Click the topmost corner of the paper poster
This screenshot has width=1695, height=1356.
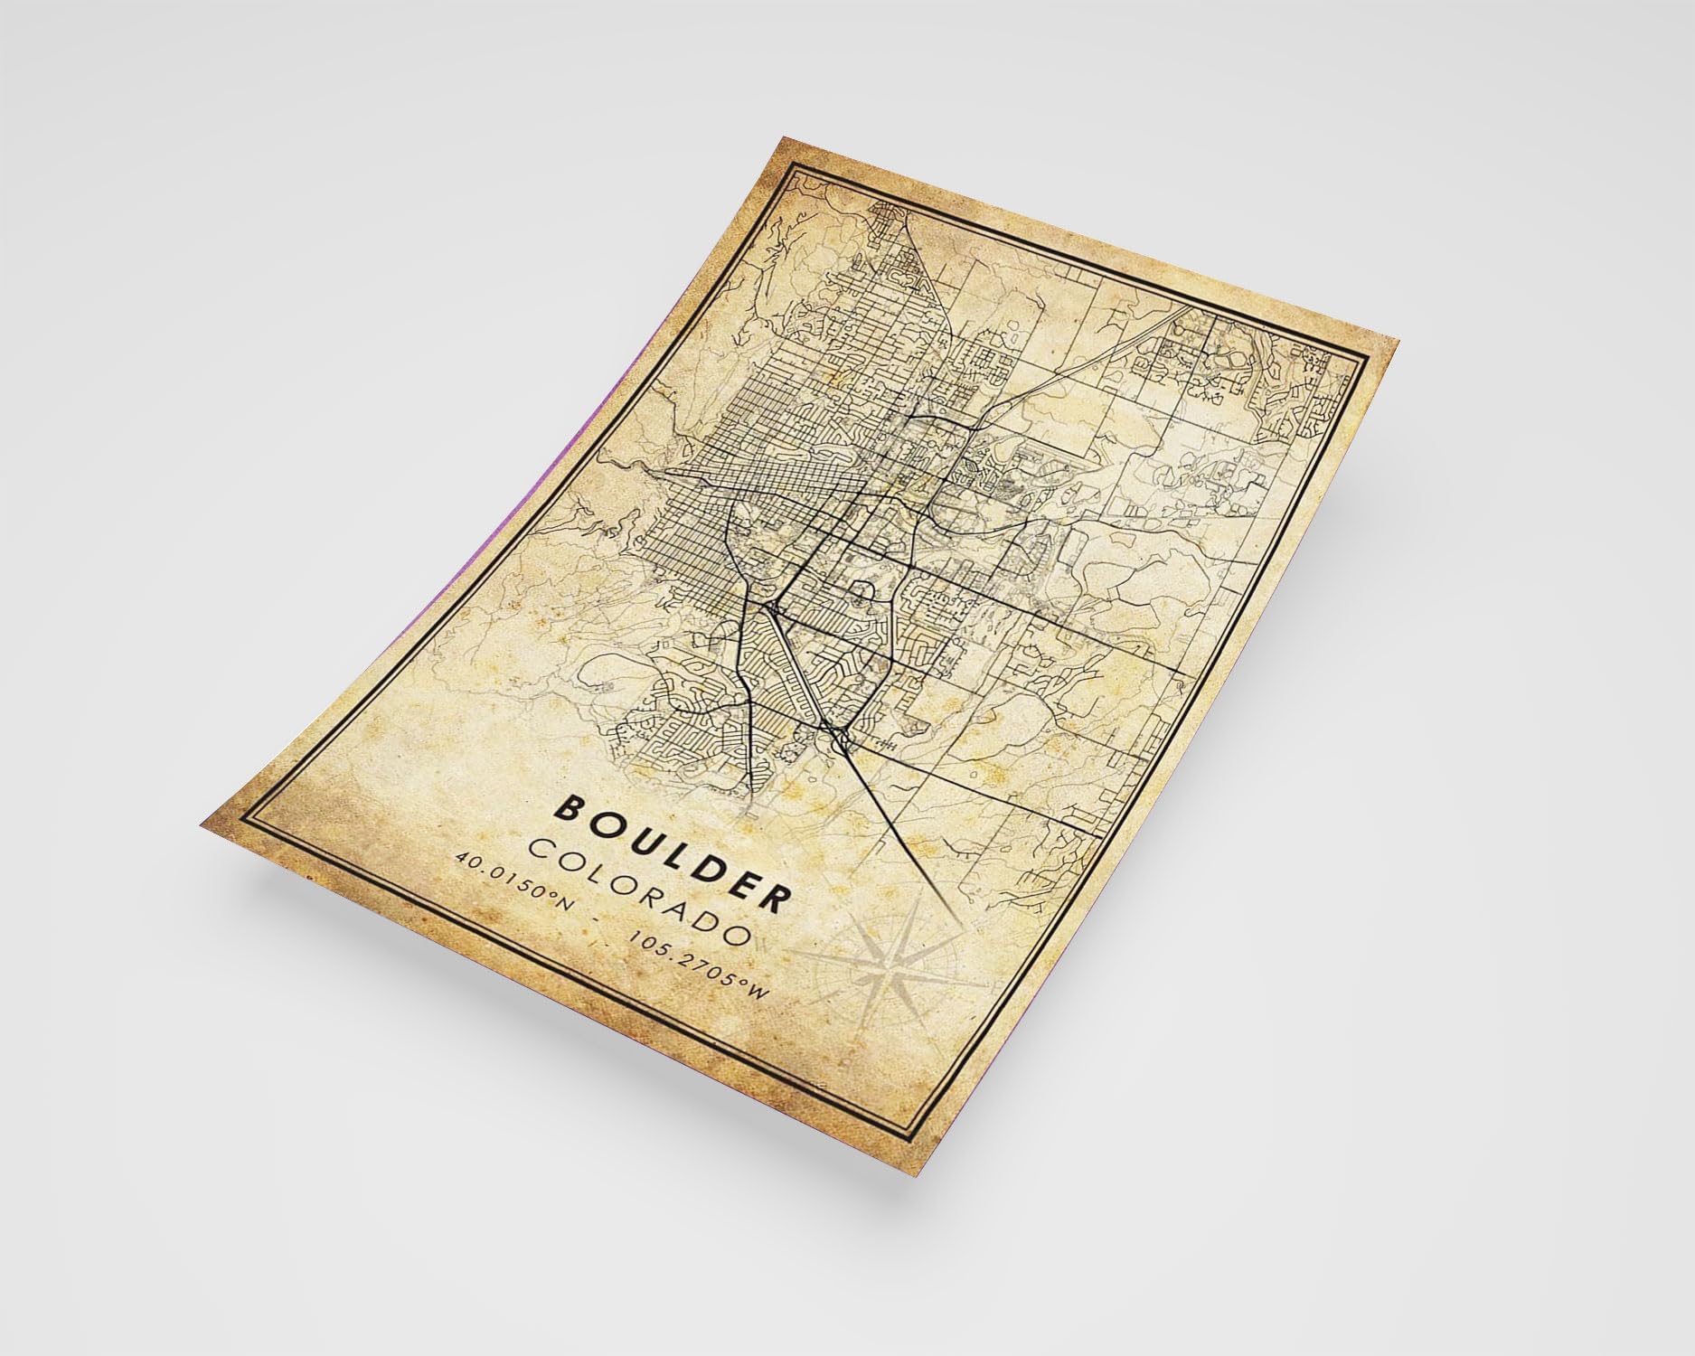click(x=783, y=137)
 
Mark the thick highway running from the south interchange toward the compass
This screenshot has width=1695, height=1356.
click(x=895, y=814)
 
